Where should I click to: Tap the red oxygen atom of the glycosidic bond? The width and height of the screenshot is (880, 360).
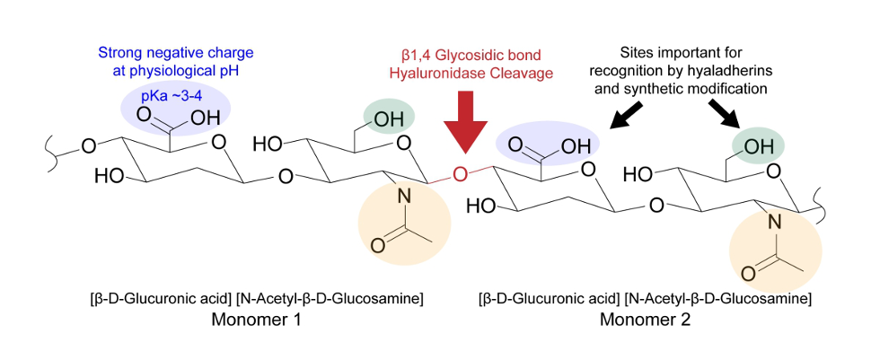460,173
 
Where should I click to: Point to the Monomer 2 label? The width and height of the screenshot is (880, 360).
645,320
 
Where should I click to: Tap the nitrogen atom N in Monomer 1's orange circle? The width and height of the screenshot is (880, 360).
402,198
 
